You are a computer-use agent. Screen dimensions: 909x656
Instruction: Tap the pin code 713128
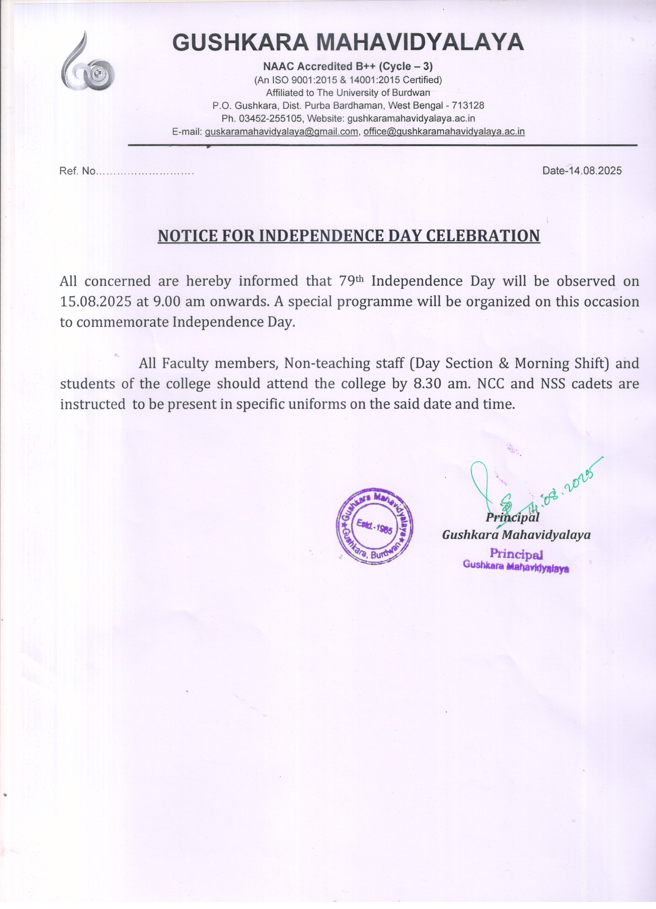pyautogui.click(x=468, y=106)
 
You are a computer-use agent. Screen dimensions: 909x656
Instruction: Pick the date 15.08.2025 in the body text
pyautogui.click(x=95, y=302)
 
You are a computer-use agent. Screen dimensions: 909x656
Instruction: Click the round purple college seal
pyautogui.click(x=375, y=526)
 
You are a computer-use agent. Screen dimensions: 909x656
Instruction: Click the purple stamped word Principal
pyautogui.click(x=516, y=554)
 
